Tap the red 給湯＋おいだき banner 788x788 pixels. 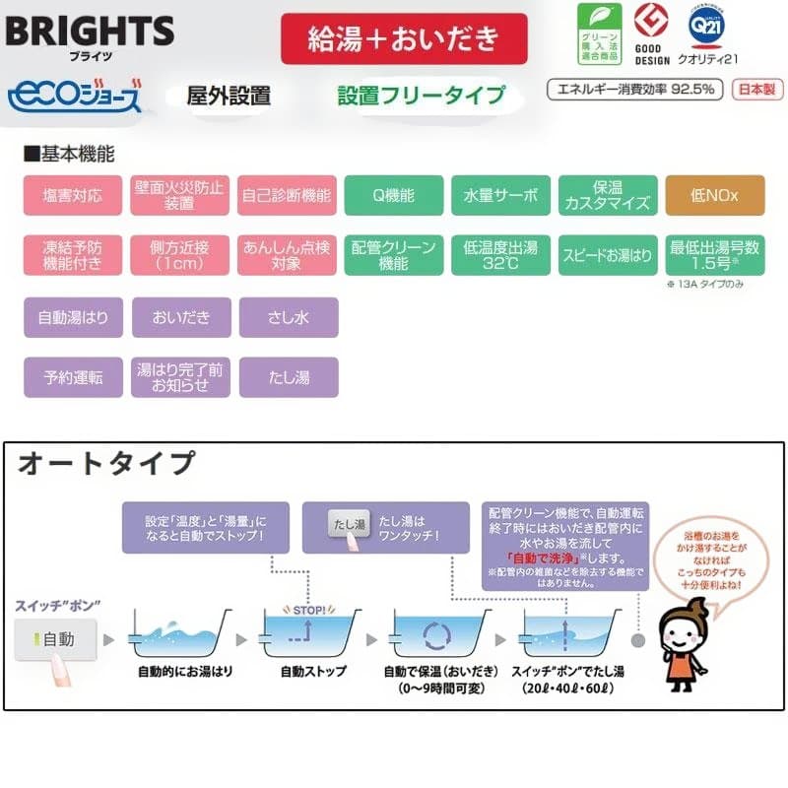point(403,39)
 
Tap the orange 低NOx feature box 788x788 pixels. point(714,195)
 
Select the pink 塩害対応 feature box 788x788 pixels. point(72,195)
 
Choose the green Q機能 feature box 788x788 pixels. point(393,195)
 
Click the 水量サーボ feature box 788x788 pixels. point(500,195)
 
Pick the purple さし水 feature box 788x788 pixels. point(288,317)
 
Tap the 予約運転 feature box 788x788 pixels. point(72,376)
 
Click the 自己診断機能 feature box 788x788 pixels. point(287,195)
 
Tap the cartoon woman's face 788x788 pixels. point(681,620)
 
